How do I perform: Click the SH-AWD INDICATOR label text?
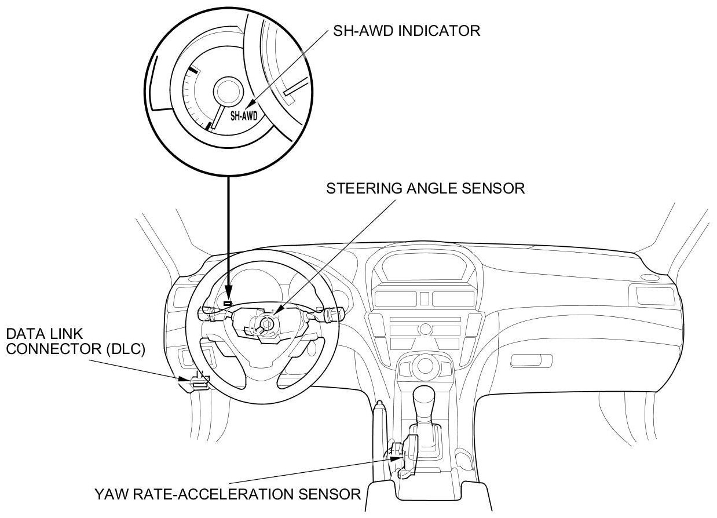[407, 31]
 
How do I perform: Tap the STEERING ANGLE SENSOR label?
[426, 188]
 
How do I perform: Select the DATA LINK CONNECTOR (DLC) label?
[75, 342]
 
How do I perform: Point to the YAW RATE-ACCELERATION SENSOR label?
[228, 494]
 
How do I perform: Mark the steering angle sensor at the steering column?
[267, 323]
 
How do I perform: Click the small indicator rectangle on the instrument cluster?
[228, 302]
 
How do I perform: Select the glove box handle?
[531, 361]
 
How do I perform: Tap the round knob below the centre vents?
[426, 329]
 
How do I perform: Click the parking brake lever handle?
[379, 417]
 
